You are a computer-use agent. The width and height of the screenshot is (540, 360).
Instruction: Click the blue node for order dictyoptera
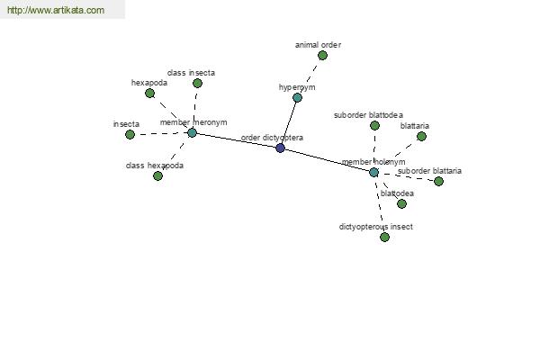click(280, 148)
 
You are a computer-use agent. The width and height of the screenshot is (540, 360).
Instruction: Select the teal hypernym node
click(297, 98)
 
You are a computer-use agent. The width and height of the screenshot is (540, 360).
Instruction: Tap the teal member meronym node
click(192, 132)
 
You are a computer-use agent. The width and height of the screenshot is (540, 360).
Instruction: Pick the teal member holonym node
click(373, 172)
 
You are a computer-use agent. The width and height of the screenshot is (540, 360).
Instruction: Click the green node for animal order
click(322, 56)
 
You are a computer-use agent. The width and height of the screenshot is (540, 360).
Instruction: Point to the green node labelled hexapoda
click(149, 94)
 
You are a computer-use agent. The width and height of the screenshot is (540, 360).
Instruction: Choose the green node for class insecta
click(197, 84)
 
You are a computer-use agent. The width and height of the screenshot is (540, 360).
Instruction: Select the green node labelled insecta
click(130, 135)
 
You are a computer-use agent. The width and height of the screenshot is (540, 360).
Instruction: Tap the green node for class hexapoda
click(157, 176)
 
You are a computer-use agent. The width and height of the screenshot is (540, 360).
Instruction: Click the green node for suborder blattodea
click(374, 126)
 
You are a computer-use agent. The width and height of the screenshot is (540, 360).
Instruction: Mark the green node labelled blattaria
click(421, 137)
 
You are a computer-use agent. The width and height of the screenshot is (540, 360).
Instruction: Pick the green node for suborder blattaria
click(438, 181)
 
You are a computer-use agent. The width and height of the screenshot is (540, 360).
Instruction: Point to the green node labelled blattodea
click(401, 204)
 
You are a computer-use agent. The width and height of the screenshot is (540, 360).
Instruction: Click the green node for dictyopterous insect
click(384, 237)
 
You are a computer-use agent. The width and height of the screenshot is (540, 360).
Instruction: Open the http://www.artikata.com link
click(56, 10)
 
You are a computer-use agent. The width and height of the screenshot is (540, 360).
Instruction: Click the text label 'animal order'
click(318, 45)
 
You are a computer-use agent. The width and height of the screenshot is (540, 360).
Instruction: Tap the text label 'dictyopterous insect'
click(375, 227)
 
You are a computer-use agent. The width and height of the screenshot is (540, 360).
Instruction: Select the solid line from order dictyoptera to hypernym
click(289, 123)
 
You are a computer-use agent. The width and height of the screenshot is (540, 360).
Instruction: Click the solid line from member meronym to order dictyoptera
click(236, 140)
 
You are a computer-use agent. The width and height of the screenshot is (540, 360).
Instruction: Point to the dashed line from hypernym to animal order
click(310, 76)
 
